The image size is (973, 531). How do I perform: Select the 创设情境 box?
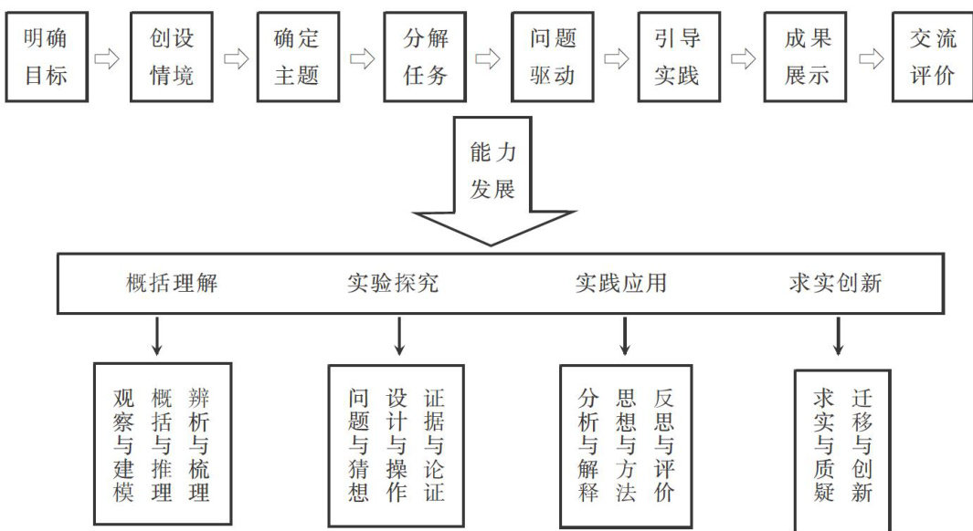pyautogui.click(x=172, y=57)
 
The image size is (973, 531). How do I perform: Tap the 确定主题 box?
pyautogui.click(x=298, y=57)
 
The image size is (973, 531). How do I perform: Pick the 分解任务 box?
pyautogui.click(x=425, y=57)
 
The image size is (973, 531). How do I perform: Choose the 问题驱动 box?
pyautogui.click(x=552, y=57)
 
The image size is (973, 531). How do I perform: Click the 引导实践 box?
pyautogui.click(x=677, y=57)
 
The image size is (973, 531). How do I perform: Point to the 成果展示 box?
pyautogui.click(x=806, y=57)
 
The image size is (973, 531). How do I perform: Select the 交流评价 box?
pyautogui.click(x=932, y=57)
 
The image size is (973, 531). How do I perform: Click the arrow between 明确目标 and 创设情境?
pyautogui.click(x=108, y=59)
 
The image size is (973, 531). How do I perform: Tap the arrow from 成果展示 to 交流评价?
pyautogui.click(x=870, y=59)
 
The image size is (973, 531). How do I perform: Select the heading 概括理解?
pyautogui.click(x=172, y=283)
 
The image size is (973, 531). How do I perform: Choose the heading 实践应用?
pyautogui.click(x=621, y=283)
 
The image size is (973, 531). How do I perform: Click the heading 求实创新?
pyautogui.click(x=835, y=283)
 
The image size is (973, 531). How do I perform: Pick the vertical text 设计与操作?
pyautogui.click(x=397, y=444)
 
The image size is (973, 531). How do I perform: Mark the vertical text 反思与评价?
pyautogui.click(x=664, y=444)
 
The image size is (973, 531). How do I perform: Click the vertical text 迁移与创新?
pyautogui.click(x=862, y=444)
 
